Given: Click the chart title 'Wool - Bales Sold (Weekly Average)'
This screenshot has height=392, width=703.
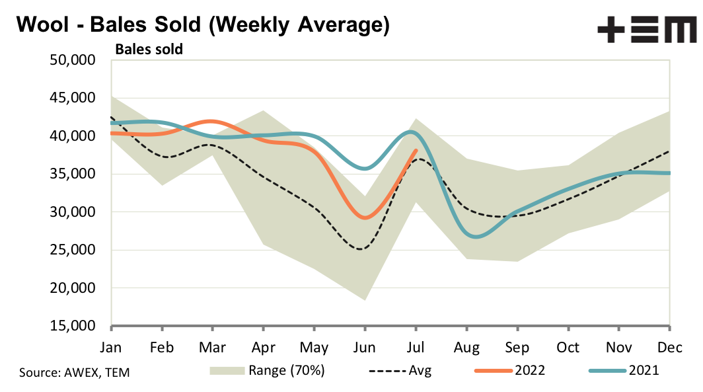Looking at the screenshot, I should click(202, 24).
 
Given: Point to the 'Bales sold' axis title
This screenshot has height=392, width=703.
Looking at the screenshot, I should click(149, 48).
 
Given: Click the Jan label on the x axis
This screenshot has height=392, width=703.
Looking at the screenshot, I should click(111, 347).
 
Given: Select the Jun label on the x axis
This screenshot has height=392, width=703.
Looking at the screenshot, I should click(365, 347).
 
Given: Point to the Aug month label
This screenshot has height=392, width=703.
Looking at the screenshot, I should click(466, 347).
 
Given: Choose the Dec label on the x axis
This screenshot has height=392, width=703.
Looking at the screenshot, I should click(669, 347).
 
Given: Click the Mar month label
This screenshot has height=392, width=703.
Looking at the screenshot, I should click(212, 347).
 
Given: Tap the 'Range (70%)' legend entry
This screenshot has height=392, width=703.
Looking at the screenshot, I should click(268, 371).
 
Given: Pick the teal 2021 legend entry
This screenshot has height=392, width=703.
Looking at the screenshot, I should click(621, 371).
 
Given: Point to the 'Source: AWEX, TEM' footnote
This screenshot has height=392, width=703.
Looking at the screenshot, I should click(75, 372).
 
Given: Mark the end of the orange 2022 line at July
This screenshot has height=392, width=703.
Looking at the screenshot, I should click(416, 150).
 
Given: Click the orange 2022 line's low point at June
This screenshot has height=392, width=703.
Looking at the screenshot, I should click(364, 217).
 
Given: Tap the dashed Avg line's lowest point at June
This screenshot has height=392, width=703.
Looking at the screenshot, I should click(361, 249).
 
